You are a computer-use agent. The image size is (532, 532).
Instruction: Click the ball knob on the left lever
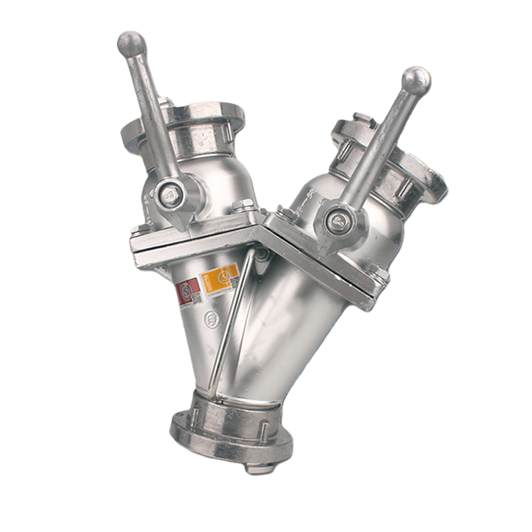click(x=131, y=44)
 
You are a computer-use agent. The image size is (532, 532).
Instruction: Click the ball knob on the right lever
click(x=416, y=80)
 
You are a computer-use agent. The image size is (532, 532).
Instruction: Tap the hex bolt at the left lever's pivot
click(x=172, y=194)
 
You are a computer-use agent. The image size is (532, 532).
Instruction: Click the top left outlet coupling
click(x=199, y=120)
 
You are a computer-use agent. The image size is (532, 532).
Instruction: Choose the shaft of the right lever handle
click(x=379, y=146)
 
